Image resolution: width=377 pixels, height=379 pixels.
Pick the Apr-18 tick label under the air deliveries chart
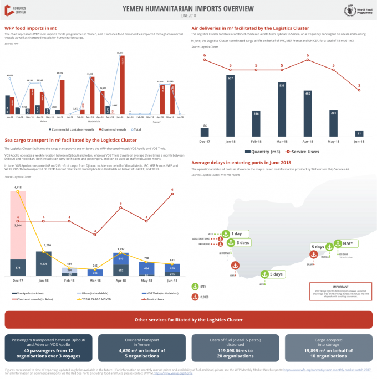click(307, 141)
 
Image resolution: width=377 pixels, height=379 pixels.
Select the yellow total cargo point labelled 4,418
click(19, 193)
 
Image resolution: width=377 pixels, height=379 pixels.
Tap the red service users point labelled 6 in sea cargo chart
click(172, 195)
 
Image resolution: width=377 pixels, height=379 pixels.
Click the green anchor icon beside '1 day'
click(225, 234)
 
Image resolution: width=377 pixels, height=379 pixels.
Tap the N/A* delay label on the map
click(348, 243)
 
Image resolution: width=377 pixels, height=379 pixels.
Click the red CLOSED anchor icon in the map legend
click(195, 297)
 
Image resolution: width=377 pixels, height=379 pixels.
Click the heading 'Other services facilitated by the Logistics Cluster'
click(188, 320)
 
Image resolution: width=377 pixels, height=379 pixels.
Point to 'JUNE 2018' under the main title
click(188, 15)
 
